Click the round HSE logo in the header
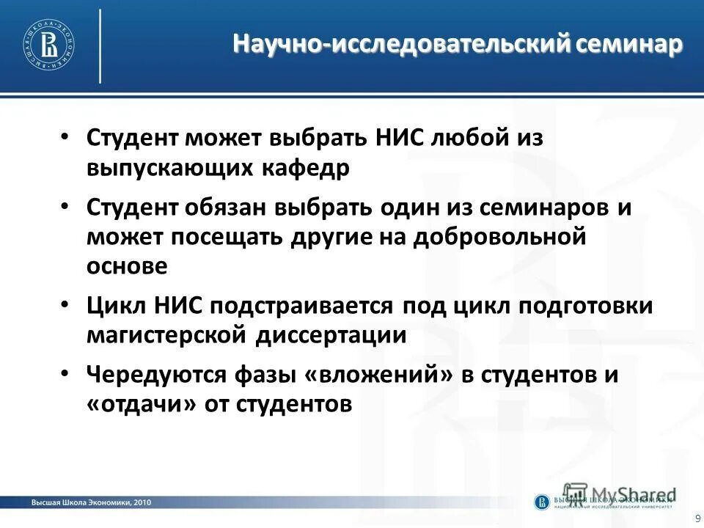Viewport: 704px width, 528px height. tap(51, 45)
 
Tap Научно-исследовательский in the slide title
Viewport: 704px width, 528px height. tap(401, 45)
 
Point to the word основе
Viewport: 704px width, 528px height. tap(127, 266)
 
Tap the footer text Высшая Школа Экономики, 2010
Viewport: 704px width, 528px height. tap(92, 502)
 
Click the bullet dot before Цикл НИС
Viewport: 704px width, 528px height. tap(65, 303)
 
